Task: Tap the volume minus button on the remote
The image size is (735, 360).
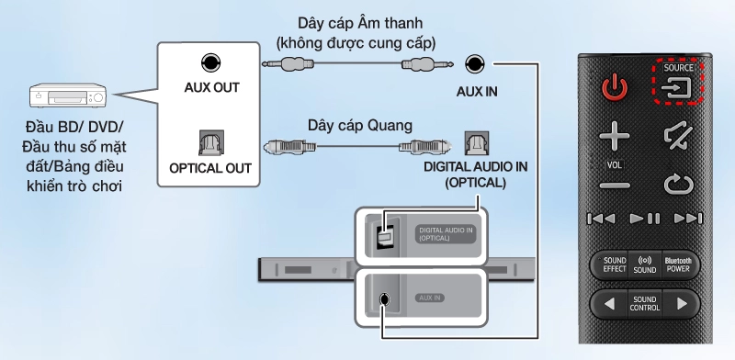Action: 614,185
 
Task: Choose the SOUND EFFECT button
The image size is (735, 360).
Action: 615,265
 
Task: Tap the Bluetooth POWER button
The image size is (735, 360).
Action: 677,265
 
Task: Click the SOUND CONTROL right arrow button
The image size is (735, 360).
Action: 681,304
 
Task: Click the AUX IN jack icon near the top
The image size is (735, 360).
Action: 474,64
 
